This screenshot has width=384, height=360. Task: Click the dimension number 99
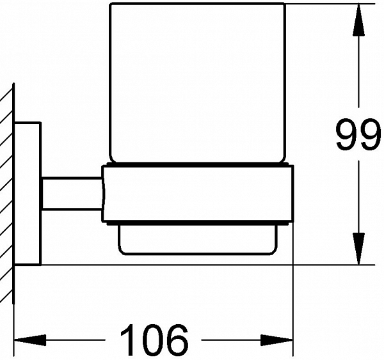click(x=358, y=134)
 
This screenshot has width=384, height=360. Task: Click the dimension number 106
click(x=154, y=340)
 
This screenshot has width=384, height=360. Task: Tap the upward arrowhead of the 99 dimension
click(x=358, y=20)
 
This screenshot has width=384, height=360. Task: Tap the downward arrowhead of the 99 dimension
click(x=358, y=249)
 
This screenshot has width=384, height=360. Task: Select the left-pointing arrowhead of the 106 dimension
click(x=30, y=340)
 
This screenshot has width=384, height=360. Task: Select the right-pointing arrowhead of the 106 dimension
click(x=276, y=340)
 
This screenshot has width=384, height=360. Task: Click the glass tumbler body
click(x=197, y=82)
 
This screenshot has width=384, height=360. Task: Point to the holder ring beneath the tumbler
click(x=198, y=194)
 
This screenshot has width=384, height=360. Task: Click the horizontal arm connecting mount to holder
click(x=72, y=194)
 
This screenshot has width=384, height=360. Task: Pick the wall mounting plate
click(x=28, y=193)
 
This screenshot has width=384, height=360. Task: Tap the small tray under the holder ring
click(x=198, y=239)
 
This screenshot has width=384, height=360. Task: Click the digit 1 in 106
click(x=128, y=340)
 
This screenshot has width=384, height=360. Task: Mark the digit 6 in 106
click(x=177, y=340)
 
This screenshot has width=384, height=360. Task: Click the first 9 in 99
click(x=346, y=134)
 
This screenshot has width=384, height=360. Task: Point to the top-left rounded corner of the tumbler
click(x=111, y=4)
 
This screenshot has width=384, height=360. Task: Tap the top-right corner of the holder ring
click(x=293, y=166)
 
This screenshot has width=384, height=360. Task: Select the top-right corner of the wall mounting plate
click(x=40, y=122)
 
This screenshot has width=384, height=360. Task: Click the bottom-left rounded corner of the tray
click(x=121, y=251)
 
